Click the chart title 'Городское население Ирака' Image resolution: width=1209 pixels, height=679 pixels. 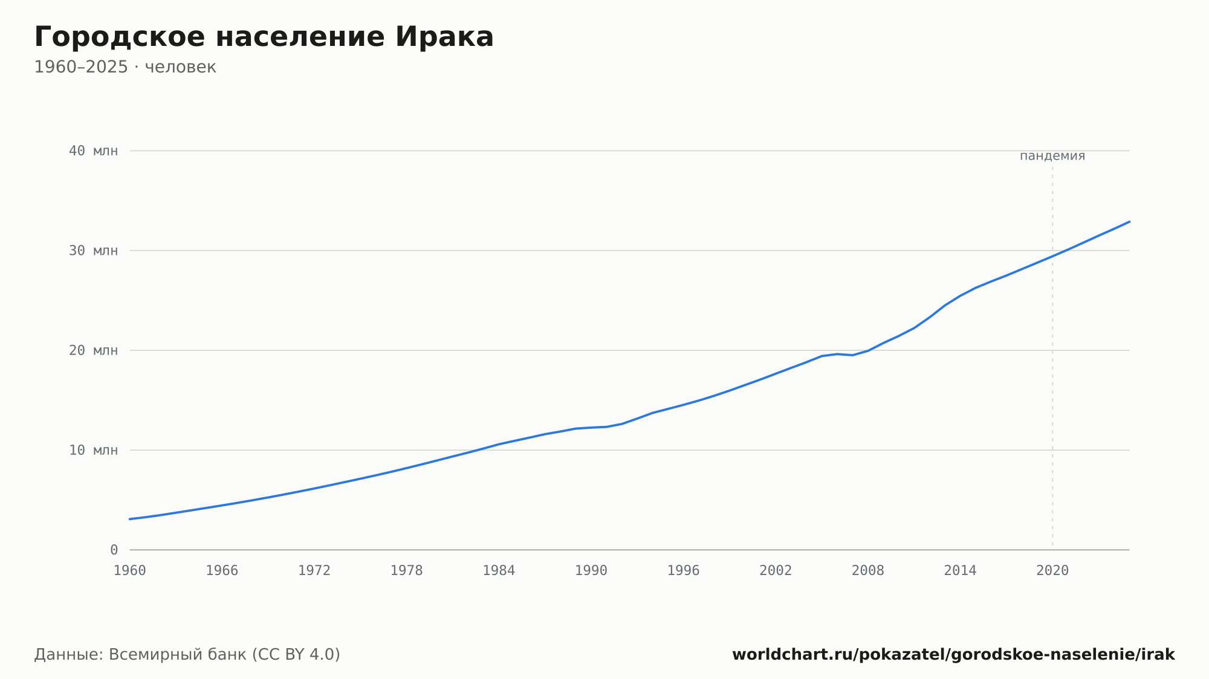(264, 37)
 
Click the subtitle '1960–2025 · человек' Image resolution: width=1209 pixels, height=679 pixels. (125, 67)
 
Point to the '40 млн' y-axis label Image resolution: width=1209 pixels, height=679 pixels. (93, 150)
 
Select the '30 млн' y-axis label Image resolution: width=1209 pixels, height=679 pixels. (93, 250)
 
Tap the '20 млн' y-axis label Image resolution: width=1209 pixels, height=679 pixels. (93, 350)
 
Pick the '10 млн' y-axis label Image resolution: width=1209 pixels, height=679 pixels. (93, 450)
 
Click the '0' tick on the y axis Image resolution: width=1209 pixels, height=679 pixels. (114, 550)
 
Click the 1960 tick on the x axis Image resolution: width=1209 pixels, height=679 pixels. (130, 571)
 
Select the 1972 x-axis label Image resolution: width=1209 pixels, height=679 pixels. (314, 571)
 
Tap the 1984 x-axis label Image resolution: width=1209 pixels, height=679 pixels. (499, 571)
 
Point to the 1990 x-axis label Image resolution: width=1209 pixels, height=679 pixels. (591, 571)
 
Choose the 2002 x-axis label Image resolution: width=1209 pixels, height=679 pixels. (776, 571)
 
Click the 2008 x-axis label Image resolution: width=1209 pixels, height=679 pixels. (868, 571)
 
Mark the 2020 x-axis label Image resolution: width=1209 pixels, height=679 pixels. (1052, 571)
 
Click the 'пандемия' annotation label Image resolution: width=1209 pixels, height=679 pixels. (1052, 156)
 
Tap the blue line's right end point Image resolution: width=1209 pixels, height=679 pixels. (1129, 222)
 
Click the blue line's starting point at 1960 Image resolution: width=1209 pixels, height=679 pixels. (130, 519)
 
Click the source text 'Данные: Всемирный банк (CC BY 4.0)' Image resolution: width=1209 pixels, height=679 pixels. (187, 655)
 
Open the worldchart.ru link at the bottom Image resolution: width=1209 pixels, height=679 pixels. (953, 655)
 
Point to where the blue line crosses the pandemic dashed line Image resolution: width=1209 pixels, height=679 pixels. (1052, 256)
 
